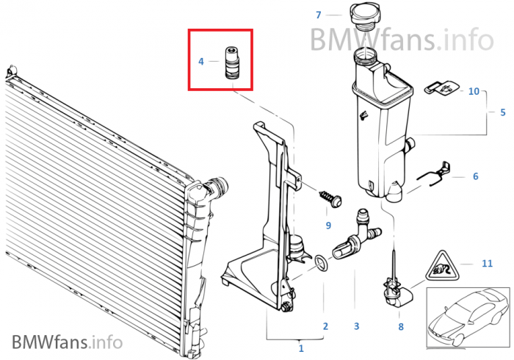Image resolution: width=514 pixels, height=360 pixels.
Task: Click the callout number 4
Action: (x=201, y=61)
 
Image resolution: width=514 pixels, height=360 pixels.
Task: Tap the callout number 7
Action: (x=318, y=15)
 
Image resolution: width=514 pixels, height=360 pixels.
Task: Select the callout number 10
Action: (x=474, y=91)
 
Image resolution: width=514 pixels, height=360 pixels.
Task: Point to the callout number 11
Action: (x=487, y=263)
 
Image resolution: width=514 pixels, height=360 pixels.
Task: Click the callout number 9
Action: (x=328, y=226)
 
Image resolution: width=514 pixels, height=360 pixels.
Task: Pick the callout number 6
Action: (x=476, y=176)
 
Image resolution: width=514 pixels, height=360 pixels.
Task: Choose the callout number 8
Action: (x=401, y=326)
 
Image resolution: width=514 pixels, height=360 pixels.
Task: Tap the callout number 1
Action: (x=301, y=348)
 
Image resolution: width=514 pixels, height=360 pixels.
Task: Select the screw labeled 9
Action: (x=331, y=198)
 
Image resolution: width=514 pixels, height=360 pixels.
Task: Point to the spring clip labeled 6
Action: (x=435, y=173)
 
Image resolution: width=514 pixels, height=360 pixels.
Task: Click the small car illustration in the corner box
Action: (x=468, y=317)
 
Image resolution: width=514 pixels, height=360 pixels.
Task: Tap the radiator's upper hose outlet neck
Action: (x=217, y=186)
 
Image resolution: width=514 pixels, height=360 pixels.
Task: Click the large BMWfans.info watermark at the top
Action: (x=402, y=40)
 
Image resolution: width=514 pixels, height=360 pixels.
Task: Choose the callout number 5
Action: (x=503, y=112)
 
